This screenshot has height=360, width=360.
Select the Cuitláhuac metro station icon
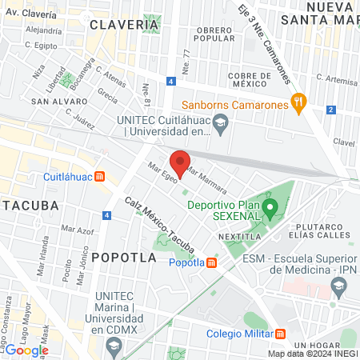click(x=99, y=176)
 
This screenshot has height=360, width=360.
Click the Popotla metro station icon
click(x=211, y=262)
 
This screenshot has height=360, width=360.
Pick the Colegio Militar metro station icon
click(x=280, y=334)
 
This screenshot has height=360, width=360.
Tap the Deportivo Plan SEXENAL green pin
click(x=270, y=210)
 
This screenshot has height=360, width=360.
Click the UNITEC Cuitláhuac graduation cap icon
click(x=223, y=122)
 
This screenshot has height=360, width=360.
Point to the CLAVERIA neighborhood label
click(x=124, y=25)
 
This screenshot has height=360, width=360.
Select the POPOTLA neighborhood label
click(x=124, y=257)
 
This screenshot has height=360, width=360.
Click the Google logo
click(x=26, y=350)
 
